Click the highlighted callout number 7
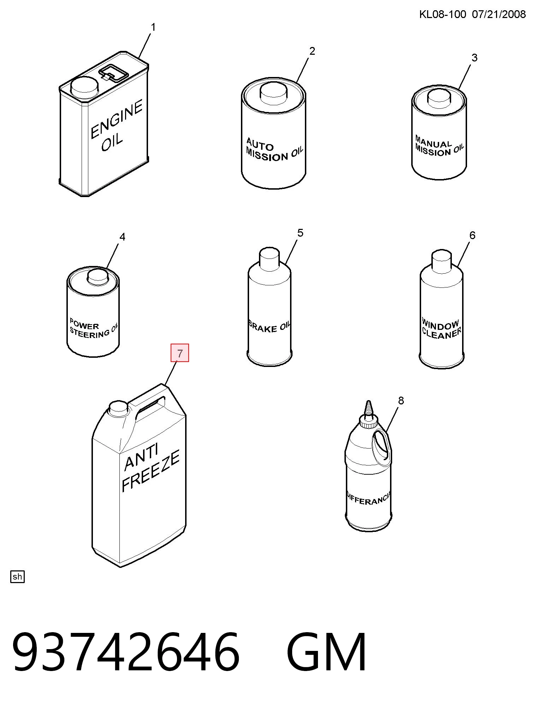pyautogui.click(x=180, y=353)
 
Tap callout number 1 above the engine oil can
pyautogui.click(x=153, y=28)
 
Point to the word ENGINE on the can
pyautogui.click(x=117, y=119)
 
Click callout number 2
pyautogui.click(x=312, y=51)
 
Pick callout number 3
pyautogui.click(x=474, y=58)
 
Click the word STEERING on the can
pyautogui.click(x=90, y=333)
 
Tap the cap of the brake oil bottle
pyautogui.click(x=270, y=258)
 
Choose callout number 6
pyautogui.click(x=472, y=235)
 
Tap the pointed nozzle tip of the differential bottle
pyautogui.click(x=368, y=402)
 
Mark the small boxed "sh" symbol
pyautogui.click(x=17, y=577)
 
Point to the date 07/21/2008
pyautogui.click(x=499, y=14)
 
